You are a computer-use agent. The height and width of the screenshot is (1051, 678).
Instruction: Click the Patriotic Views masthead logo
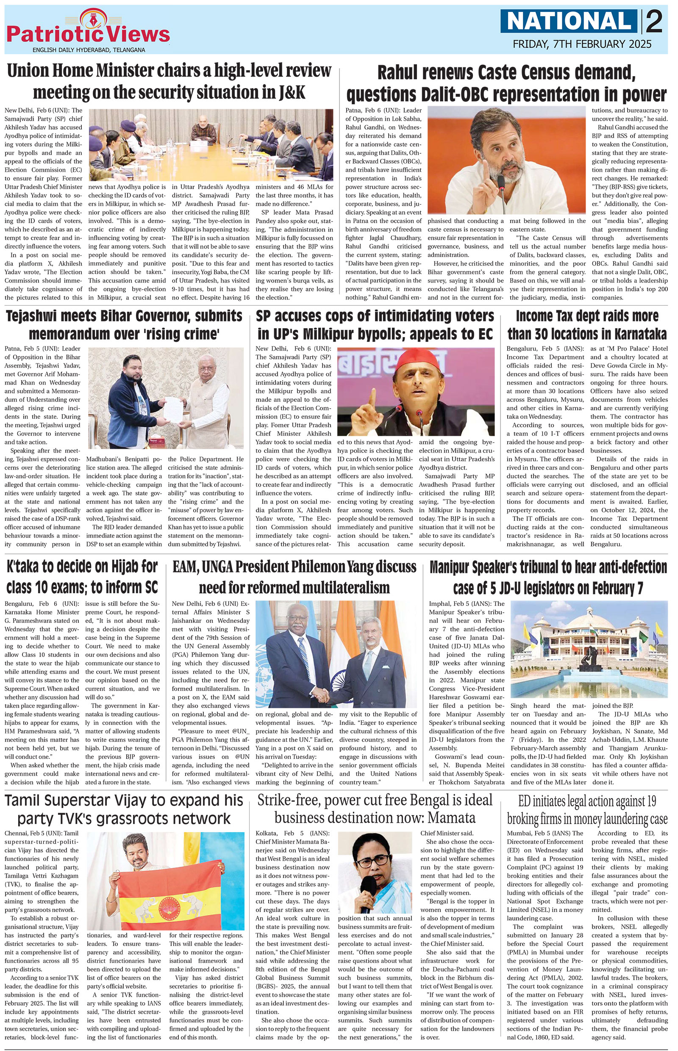coord(88,33)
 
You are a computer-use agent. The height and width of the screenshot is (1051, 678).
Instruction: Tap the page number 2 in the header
coord(654,22)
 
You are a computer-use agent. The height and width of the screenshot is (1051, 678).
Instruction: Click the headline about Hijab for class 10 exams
coord(82,577)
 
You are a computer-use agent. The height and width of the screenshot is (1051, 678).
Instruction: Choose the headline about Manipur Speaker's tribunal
coord(548,577)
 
